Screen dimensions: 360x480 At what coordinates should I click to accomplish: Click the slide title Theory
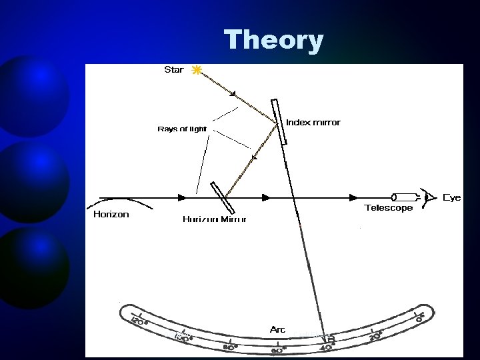click(x=273, y=40)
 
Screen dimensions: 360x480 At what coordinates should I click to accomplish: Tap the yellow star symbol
click(x=196, y=70)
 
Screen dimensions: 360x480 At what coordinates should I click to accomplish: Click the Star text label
click(x=173, y=70)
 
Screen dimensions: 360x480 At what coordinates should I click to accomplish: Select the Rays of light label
click(x=182, y=129)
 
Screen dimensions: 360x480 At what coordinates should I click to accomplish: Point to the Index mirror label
click(x=313, y=123)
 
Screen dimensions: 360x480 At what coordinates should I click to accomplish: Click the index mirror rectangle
click(x=279, y=121)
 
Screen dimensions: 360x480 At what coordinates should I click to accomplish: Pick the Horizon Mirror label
click(x=214, y=219)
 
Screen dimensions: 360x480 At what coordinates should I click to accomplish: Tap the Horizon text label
click(x=111, y=215)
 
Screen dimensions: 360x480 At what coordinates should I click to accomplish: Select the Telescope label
click(x=389, y=208)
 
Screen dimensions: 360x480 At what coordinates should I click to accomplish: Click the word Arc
click(x=277, y=329)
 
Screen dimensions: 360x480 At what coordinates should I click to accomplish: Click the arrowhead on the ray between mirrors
click(x=254, y=158)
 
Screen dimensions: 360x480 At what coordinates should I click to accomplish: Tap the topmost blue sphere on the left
click(x=33, y=93)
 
